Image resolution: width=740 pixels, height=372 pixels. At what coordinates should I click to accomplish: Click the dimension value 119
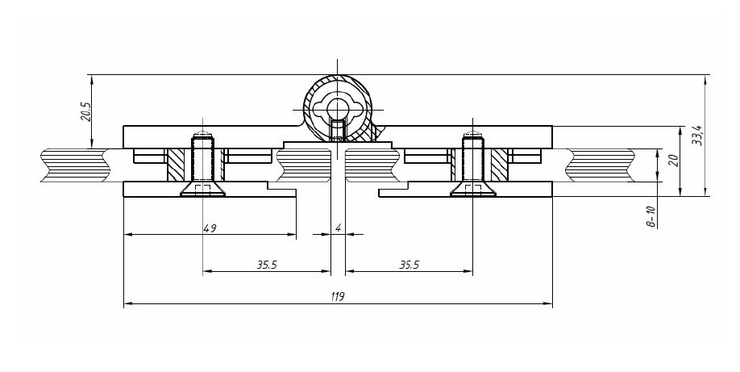coord(338,297)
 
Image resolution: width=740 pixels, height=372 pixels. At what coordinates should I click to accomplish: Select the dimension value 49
coord(210,229)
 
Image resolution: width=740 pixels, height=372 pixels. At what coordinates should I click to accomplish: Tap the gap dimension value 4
coord(338,228)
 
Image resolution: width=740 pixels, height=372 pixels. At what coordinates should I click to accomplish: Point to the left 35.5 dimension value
coord(267,265)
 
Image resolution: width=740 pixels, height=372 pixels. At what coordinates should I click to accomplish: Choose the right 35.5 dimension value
coord(409,265)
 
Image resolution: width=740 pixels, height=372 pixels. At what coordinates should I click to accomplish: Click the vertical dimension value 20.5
coord(86,111)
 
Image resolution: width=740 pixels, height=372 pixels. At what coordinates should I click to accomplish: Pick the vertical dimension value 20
coord(674,161)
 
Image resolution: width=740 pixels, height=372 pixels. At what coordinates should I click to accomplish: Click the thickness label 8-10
coord(652,216)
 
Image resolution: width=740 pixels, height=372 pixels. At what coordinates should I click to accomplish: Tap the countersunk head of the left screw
coord(203,189)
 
